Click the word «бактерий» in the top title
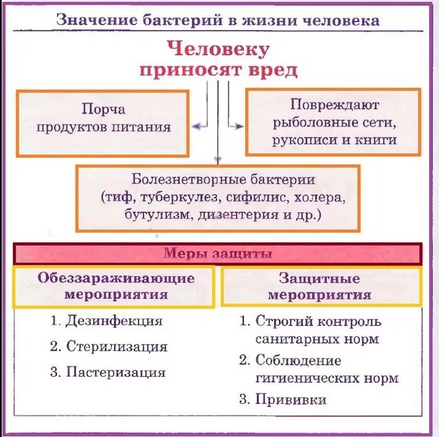[x=169, y=19]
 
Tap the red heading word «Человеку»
[x=219, y=49]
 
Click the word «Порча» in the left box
[x=103, y=109]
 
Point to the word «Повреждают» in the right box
[x=335, y=104]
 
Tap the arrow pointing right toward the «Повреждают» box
[x=236, y=126]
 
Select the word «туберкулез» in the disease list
[x=177, y=197]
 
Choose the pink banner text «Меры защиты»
[x=218, y=254]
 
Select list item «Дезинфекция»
[x=114, y=321]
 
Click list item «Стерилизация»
[x=117, y=346]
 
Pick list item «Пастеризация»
[x=116, y=372]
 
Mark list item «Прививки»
[x=291, y=399]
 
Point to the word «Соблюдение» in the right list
[x=298, y=360]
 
